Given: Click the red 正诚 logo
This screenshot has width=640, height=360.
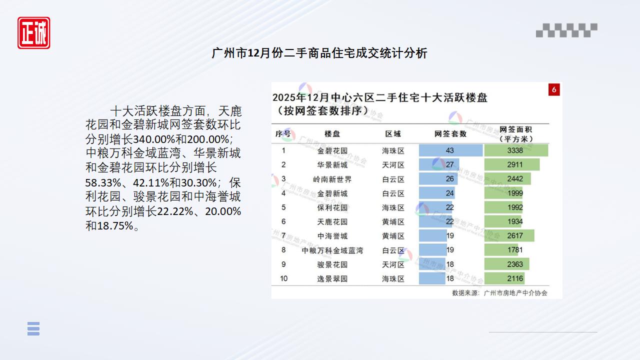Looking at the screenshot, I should (34, 33).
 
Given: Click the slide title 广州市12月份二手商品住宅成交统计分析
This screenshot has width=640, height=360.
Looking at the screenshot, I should (319, 53).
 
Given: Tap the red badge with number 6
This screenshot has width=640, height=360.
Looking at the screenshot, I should (553, 89).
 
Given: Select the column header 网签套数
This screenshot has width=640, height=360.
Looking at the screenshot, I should (450, 134).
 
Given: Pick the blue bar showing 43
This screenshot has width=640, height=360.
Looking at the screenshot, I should (450, 150).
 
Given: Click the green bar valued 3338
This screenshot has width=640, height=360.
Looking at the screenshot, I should (516, 150).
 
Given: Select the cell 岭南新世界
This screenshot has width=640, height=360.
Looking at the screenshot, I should (332, 179).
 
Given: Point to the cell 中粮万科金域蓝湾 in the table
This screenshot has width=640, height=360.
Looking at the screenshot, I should (332, 250).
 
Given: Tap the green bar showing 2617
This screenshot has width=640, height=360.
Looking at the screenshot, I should (509, 236).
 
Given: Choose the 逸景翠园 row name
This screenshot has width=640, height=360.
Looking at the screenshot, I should (332, 278).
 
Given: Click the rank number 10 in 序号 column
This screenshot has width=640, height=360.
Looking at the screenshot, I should (283, 278).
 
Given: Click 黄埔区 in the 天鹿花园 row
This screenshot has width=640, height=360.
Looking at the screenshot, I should (393, 221).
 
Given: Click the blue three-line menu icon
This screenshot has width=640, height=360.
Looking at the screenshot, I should (33, 328).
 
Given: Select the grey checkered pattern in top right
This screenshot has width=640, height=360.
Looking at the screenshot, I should (566, 30).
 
